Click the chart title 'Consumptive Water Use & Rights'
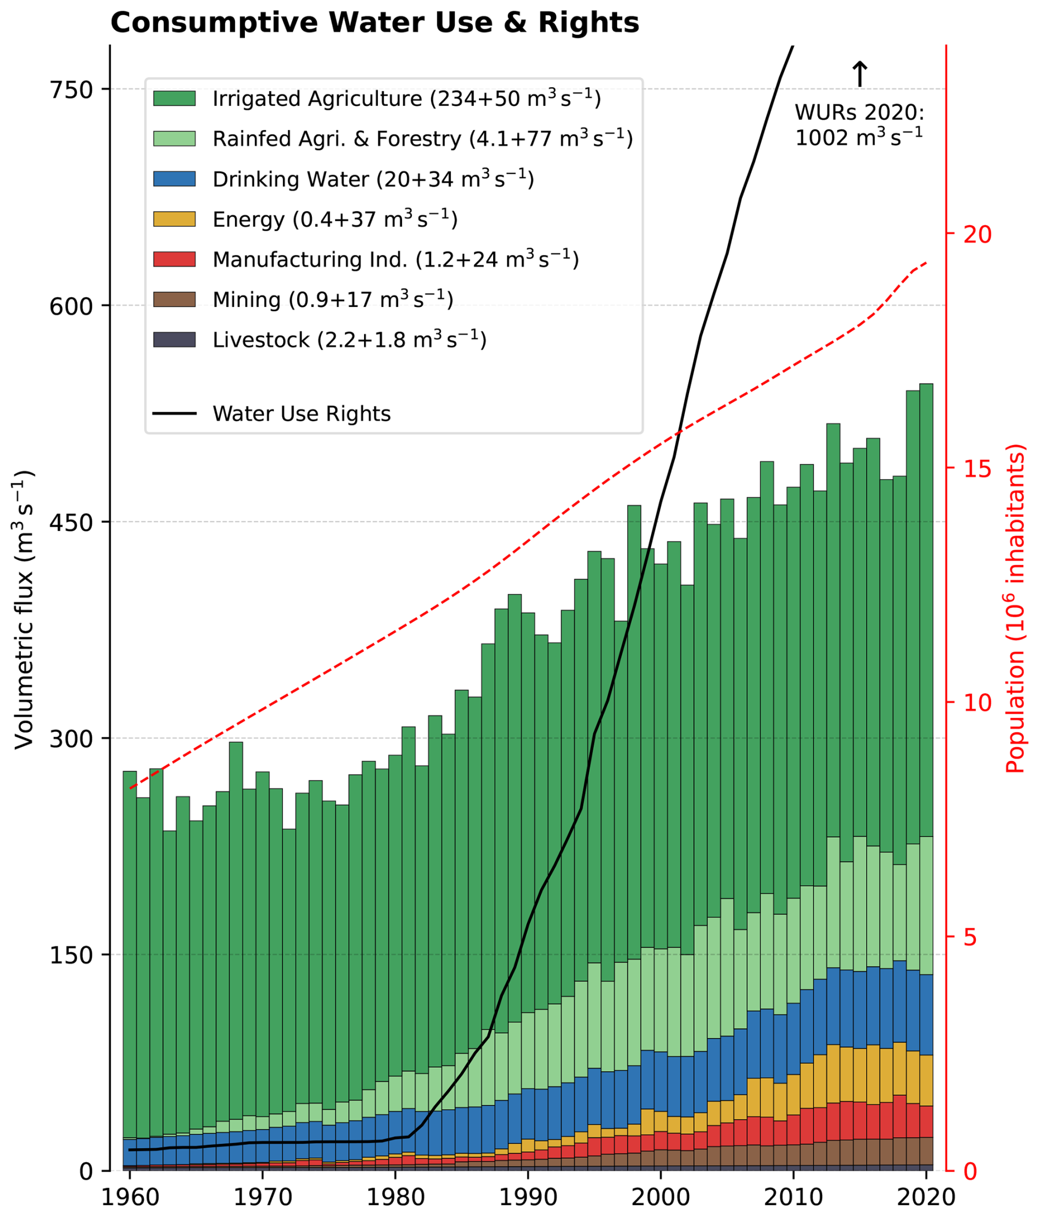click(375, 24)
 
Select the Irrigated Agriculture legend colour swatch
click(174, 98)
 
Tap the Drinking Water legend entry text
click(373, 179)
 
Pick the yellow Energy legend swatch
click(174, 219)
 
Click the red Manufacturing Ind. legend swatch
click(174, 259)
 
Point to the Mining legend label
click(332, 299)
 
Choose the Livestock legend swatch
click(174, 339)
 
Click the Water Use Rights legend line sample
click(174, 414)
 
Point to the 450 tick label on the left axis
click(71, 522)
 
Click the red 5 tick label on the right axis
click(970, 938)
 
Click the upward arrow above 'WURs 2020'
click(859, 74)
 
